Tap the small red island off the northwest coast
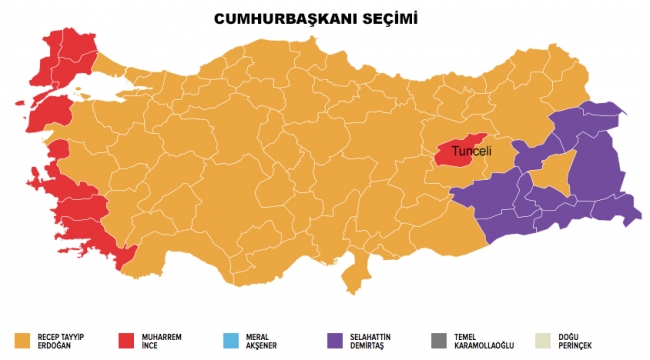(x=22, y=100)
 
